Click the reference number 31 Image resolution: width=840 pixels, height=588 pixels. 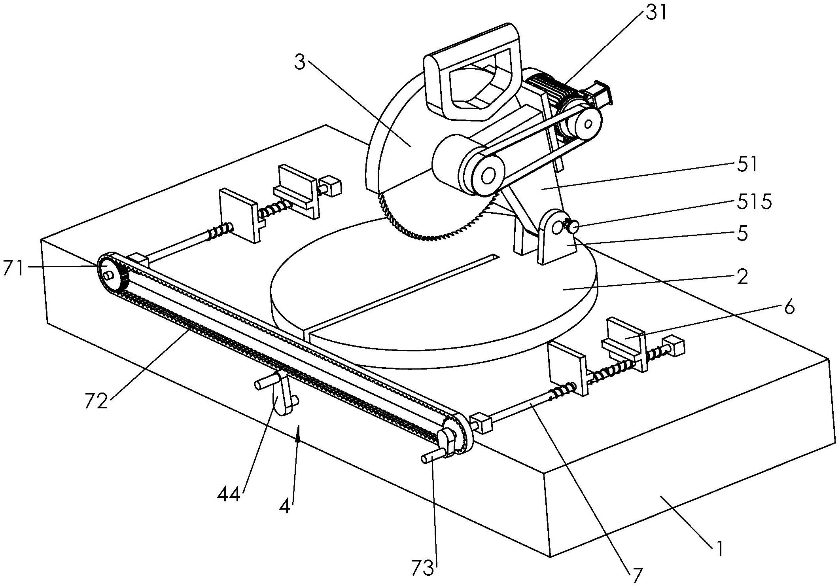(656, 13)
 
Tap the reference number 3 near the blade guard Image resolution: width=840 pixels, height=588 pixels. (300, 63)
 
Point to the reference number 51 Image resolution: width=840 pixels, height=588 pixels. (747, 164)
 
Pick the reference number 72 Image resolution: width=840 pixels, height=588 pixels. (96, 401)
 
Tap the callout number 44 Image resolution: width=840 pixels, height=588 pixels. (229, 494)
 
